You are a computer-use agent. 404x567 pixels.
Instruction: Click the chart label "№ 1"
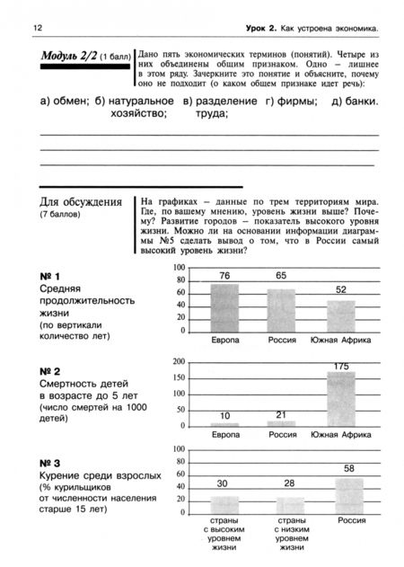50,275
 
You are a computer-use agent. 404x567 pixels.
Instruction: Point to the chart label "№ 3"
50,462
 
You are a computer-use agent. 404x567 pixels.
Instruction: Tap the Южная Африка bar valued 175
340,398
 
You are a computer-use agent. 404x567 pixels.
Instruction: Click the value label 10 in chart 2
224,415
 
